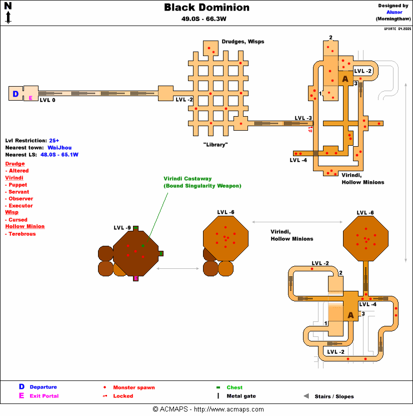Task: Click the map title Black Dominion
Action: [206, 8]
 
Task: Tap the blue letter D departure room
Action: [15, 94]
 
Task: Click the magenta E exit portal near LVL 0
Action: [30, 98]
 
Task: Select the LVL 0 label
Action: [48, 101]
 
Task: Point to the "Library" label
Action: [215, 145]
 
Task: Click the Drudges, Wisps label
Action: [243, 42]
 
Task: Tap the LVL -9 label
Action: [122, 228]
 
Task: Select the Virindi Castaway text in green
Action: [187, 178]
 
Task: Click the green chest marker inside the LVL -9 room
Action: [142, 246]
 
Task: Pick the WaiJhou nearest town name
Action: [59, 148]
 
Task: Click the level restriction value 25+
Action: [54, 141]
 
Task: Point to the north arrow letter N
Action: [8, 6]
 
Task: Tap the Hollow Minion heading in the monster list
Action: [24, 226]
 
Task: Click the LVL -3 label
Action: [303, 118]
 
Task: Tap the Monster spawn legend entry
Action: [133, 387]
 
